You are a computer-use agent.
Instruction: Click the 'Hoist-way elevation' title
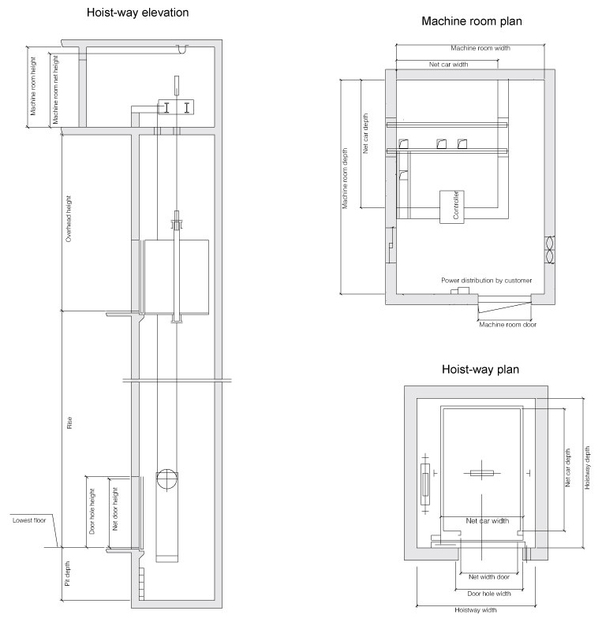(137, 13)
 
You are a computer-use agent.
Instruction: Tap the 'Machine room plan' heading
(472, 21)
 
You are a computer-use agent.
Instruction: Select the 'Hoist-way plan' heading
(480, 369)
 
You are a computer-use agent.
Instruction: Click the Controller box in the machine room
(452, 207)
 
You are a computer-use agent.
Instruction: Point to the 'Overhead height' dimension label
(69, 218)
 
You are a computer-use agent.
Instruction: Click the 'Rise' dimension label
(69, 423)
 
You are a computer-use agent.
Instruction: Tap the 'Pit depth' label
(68, 573)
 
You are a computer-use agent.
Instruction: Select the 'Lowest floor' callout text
(29, 520)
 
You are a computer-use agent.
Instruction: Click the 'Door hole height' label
(92, 511)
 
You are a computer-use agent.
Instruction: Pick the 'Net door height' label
(115, 509)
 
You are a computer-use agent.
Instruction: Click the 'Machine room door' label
(507, 325)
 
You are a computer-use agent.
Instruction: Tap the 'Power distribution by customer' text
(487, 281)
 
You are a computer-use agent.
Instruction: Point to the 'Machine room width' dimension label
(480, 48)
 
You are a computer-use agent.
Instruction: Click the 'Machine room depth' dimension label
(345, 178)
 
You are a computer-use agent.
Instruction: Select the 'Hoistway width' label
(475, 610)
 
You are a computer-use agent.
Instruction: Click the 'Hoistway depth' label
(587, 467)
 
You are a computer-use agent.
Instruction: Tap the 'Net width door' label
(489, 577)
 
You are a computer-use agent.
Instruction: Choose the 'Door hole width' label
(489, 594)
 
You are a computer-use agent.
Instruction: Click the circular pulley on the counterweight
(166, 479)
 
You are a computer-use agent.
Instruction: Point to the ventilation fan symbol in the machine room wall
(550, 250)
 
